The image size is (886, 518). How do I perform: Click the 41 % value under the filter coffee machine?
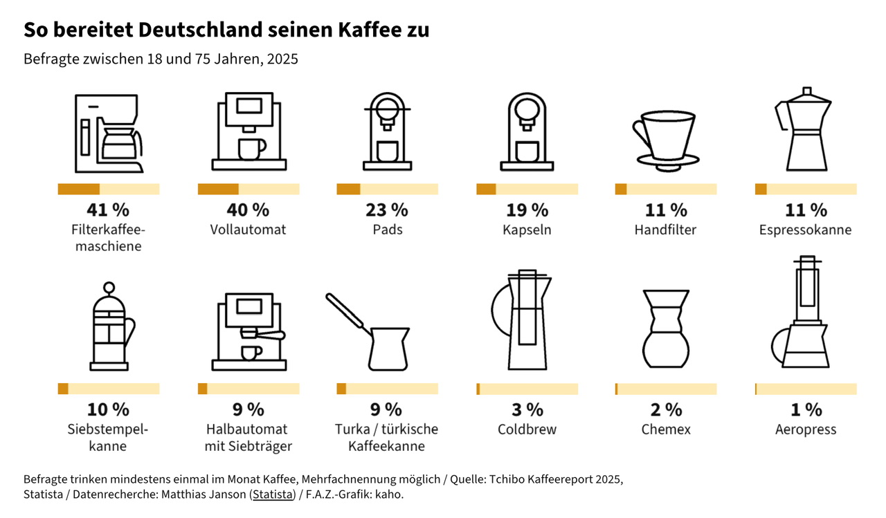[x=108, y=210]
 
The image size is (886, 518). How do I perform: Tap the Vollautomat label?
[x=248, y=230]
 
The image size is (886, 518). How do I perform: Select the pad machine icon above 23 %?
[x=387, y=131]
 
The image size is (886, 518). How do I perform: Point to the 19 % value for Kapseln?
[x=527, y=210]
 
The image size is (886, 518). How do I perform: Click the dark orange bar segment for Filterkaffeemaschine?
[x=79, y=189]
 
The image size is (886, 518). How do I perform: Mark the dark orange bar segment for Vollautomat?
[x=218, y=189]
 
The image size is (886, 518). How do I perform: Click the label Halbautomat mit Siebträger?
[x=248, y=438]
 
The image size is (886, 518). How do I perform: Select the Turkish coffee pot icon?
[x=374, y=332]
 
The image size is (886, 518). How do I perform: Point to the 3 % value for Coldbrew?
[x=527, y=409]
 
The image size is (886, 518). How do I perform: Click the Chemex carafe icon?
[x=665, y=329]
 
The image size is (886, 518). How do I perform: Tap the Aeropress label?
[x=806, y=429]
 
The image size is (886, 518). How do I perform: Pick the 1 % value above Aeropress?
[x=806, y=409]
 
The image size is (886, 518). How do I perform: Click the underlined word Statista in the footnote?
[x=273, y=495]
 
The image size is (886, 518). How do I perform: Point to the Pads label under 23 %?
[x=387, y=230]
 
